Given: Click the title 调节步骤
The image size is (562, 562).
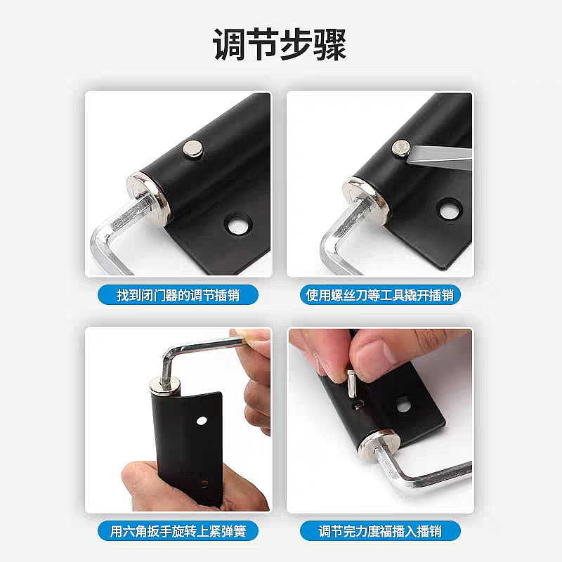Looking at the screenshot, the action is [x=280, y=44].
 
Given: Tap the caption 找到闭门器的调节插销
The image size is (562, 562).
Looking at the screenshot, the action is [x=178, y=295].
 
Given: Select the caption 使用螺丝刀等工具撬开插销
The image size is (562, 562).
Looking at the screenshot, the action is [x=380, y=295].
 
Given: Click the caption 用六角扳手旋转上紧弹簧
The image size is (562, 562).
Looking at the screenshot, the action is [x=178, y=531].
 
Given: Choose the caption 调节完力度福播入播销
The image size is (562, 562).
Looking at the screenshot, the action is [x=380, y=531].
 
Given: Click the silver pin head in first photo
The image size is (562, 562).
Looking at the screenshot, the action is [x=192, y=149].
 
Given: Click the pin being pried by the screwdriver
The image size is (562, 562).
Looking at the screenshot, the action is [x=400, y=148].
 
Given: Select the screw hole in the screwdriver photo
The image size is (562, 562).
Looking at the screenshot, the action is [x=450, y=209].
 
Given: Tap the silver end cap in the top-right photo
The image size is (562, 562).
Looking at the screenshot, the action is [x=365, y=199].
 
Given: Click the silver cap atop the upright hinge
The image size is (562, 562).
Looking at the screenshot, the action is [x=165, y=385].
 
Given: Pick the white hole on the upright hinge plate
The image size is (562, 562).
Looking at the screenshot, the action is [x=202, y=420].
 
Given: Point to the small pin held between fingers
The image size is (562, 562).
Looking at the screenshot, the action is [x=352, y=384].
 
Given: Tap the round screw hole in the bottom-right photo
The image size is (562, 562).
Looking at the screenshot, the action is [x=403, y=403].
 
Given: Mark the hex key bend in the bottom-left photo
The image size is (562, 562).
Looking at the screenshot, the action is [x=169, y=354].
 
